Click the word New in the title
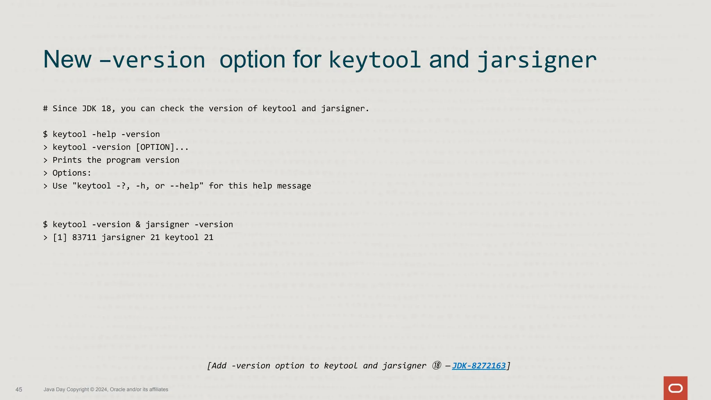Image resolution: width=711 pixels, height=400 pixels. pos(67,60)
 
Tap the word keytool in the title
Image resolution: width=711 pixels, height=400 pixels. pos(375,60)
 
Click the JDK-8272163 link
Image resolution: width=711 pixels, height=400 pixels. pos(479,366)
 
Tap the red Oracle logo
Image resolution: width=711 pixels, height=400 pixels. pos(675,388)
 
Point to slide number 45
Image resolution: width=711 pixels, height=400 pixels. pos(19,390)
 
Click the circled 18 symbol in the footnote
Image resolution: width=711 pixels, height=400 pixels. pos(437,366)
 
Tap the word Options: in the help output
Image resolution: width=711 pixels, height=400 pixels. pos(72,173)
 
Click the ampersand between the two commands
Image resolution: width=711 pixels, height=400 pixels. pos(138,225)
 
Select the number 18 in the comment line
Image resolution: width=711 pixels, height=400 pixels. pos(106,109)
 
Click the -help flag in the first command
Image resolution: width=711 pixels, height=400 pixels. pos(104,134)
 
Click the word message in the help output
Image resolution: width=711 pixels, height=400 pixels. pos(294,186)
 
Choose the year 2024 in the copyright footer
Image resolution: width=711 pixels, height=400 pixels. pos(101,390)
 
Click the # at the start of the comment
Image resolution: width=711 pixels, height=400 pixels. pos(45,109)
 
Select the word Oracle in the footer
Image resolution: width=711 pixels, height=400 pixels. pos(118,390)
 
